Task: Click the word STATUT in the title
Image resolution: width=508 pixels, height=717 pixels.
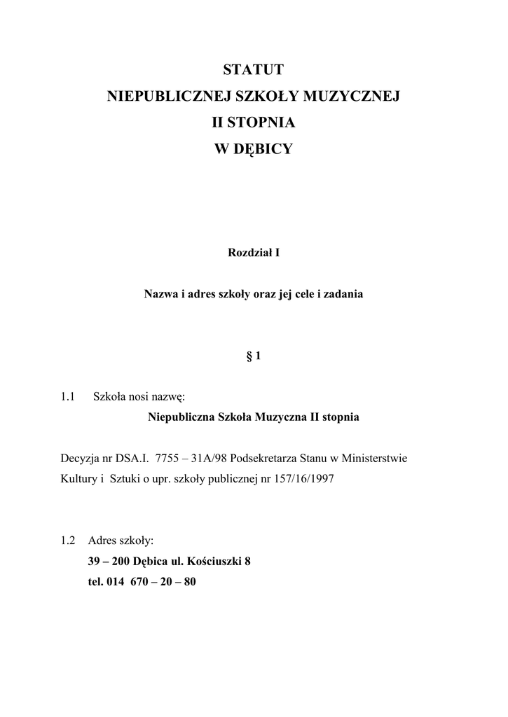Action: pyautogui.click(x=254, y=69)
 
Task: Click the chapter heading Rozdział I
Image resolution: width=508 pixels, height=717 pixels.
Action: pyautogui.click(x=254, y=253)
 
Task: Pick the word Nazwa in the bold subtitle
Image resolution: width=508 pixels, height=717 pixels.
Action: pyautogui.click(x=160, y=295)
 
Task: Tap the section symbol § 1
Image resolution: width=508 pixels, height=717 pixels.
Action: pyautogui.click(x=254, y=356)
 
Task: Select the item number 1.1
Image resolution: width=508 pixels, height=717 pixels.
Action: pyautogui.click(x=68, y=397)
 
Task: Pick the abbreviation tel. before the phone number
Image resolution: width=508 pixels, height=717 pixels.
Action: pyautogui.click(x=95, y=581)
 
